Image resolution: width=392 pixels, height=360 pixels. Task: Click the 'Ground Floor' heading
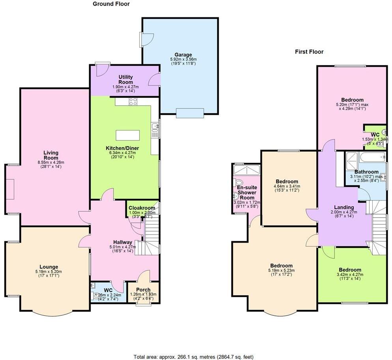(x=111, y=4)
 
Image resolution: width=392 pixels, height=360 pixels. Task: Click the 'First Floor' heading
(x=309, y=52)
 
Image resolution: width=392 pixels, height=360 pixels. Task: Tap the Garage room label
(x=183, y=55)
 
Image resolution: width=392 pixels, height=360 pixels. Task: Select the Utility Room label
(x=125, y=80)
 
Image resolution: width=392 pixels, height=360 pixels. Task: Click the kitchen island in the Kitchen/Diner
(x=127, y=135)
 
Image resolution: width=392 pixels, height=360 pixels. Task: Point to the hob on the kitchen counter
(x=133, y=102)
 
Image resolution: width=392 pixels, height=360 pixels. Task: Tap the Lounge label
(x=49, y=267)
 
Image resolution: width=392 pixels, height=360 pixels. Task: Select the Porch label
(x=143, y=290)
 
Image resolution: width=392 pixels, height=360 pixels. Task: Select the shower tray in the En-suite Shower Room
(x=246, y=170)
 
